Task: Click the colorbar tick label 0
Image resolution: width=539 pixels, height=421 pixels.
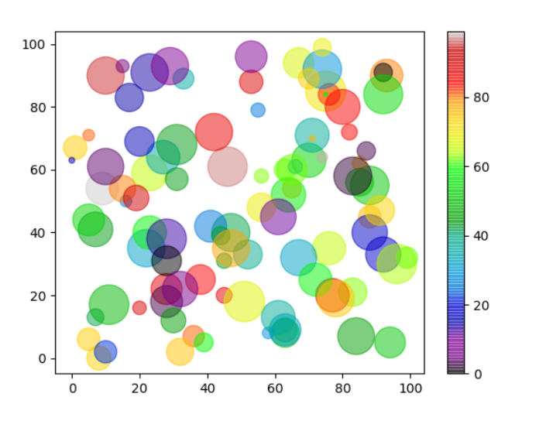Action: coord(477,374)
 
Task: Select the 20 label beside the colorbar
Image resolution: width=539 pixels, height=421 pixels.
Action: coord(480,305)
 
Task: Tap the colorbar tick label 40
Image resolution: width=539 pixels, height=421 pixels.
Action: coord(480,236)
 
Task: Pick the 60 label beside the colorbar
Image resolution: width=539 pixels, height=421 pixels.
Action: coord(480,166)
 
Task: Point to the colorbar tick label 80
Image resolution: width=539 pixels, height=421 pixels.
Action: coord(480,98)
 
